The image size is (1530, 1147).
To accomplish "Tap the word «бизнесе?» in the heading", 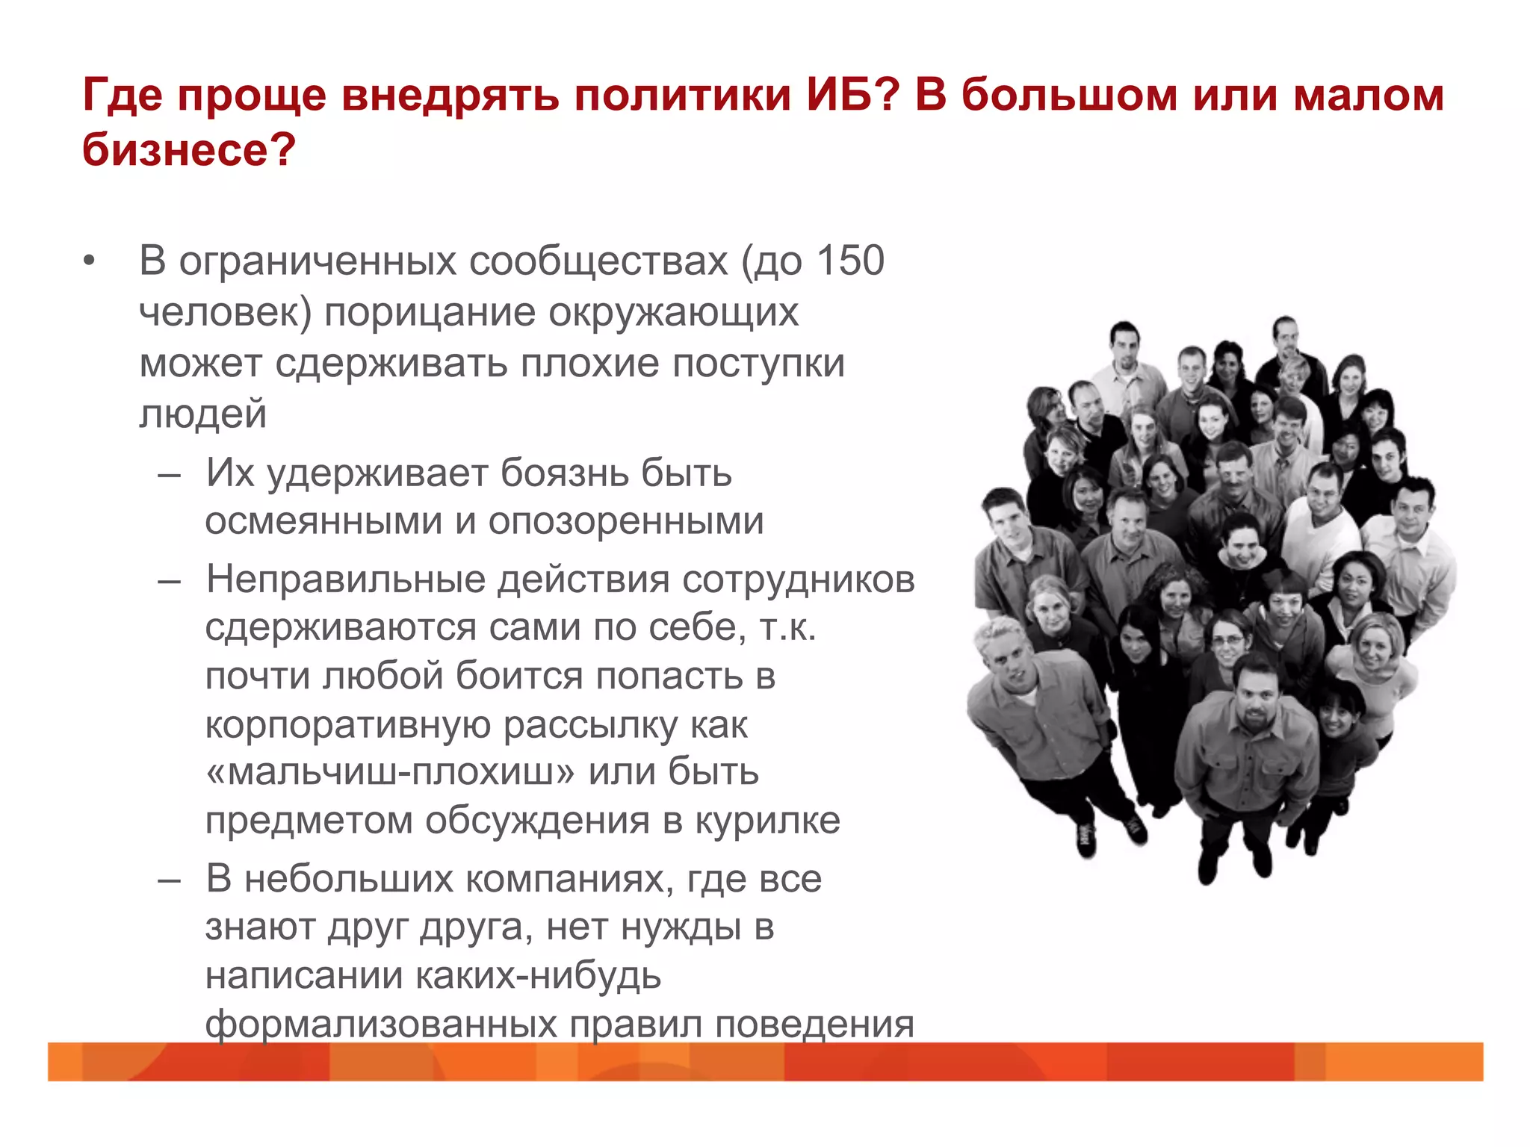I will [189, 149].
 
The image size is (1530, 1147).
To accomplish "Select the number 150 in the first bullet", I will [851, 261].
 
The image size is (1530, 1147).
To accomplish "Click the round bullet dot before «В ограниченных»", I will [90, 261].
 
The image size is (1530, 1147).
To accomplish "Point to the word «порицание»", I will [430, 312].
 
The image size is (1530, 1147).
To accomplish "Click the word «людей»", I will [202, 413].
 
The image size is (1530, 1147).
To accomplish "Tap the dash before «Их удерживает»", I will [170, 473].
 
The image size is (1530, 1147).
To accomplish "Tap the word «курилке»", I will [767, 820].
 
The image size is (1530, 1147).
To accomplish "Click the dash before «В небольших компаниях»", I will [170, 879].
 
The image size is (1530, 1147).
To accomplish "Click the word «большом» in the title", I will [1069, 95].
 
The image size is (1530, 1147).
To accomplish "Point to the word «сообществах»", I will [598, 261].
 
